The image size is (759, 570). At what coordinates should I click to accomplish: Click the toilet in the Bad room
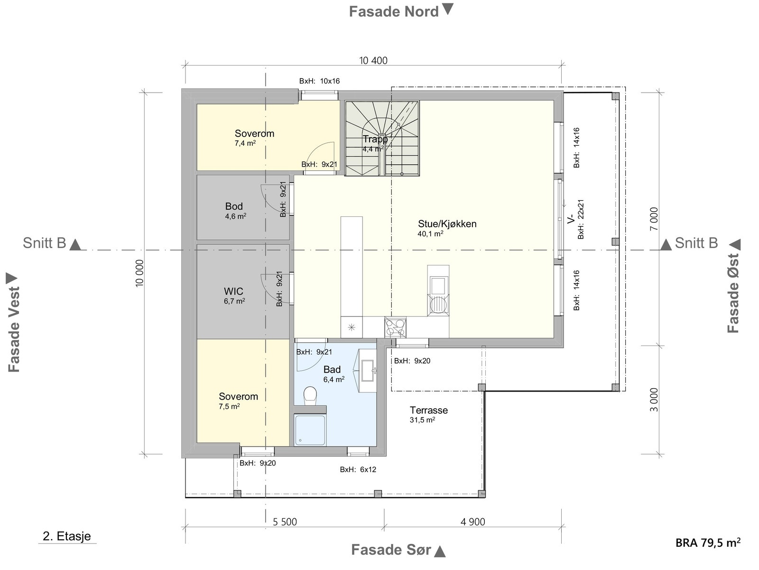pyautogui.click(x=310, y=396)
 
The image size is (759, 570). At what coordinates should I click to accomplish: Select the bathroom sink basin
pyautogui.click(x=367, y=371)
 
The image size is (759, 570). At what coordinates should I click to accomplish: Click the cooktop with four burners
pyautogui.click(x=395, y=327)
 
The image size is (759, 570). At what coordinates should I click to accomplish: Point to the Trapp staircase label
pyautogui.click(x=375, y=139)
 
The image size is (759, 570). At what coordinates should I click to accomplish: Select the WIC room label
pyautogui.click(x=233, y=291)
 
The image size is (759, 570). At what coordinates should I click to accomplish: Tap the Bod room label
pyautogui.click(x=234, y=206)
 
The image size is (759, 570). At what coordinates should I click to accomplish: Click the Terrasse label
pyautogui.click(x=429, y=410)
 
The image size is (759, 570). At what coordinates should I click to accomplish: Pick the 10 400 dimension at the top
pyautogui.click(x=373, y=61)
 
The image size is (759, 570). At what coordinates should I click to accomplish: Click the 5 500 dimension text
pyautogui.click(x=285, y=522)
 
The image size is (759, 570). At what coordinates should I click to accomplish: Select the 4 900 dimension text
pyautogui.click(x=472, y=522)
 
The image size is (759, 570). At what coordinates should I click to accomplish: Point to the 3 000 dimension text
pyautogui.click(x=654, y=400)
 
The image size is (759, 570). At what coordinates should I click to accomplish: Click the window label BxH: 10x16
pyautogui.click(x=320, y=81)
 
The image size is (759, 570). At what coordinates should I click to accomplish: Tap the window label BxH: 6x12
pyautogui.click(x=358, y=470)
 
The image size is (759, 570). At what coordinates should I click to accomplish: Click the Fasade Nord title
pyautogui.click(x=394, y=12)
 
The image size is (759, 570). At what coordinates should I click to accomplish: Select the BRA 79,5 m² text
pyautogui.click(x=708, y=542)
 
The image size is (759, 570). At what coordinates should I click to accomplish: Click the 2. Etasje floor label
pyautogui.click(x=67, y=536)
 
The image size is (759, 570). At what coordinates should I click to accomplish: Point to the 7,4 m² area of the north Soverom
pyautogui.click(x=245, y=143)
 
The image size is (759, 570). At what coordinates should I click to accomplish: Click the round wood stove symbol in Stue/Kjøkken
pyautogui.click(x=438, y=305)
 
